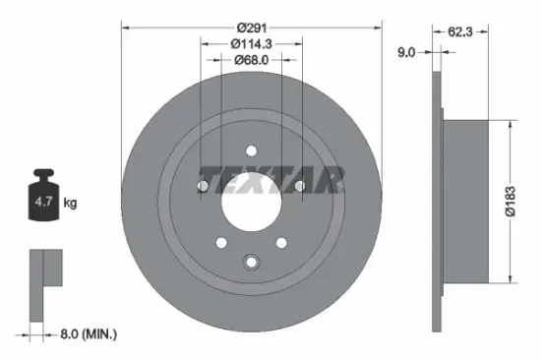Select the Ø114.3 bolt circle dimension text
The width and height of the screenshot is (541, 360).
point(251,43)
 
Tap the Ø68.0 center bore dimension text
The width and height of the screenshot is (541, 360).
point(251,61)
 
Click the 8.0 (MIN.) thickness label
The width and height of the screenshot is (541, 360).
point(86,334)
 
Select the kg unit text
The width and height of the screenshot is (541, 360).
point(70,203)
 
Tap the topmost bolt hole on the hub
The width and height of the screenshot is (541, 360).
point(251,150)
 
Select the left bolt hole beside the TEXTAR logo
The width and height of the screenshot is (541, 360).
point(204,186)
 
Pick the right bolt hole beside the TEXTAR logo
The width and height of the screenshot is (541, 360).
point(300,186)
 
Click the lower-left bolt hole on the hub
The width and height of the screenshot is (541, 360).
point(221,241)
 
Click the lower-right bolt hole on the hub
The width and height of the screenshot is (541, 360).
point(281,241)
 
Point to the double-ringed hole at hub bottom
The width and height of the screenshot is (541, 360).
point(251,262)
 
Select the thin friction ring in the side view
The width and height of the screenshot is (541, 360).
point(436,202)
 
